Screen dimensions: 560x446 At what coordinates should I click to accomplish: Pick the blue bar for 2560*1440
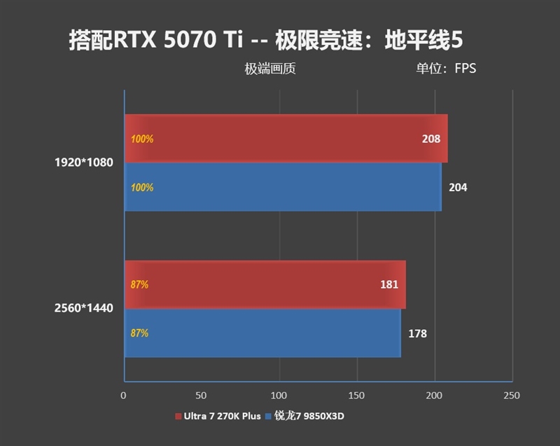click(262, 333)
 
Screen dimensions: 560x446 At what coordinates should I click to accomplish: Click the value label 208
click(431, 139)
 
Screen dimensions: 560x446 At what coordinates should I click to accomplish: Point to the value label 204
click(458, 188)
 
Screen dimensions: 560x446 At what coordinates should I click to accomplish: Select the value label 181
click(389, 284)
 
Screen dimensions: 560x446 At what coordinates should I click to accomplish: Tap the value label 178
click(417, 333)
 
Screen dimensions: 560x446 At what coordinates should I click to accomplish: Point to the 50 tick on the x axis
click(202, 396)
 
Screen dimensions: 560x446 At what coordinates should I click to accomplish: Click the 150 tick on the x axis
click(357, 396)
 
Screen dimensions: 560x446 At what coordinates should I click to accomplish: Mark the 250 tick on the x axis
click(512, 396)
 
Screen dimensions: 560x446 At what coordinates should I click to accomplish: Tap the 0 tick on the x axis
click(124, 396)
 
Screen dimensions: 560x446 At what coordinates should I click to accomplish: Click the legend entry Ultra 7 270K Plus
click(218, 417)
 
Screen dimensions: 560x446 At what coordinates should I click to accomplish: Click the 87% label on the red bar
click(139, 285)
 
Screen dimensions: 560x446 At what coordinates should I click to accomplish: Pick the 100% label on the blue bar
click(142, 188)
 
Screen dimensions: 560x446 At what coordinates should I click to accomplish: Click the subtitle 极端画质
click(270, 69)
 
